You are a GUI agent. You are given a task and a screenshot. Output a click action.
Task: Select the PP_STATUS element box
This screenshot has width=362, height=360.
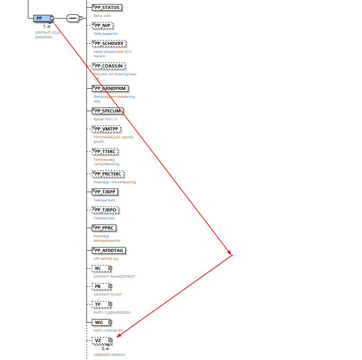pyautogui.click(x=107, y=7)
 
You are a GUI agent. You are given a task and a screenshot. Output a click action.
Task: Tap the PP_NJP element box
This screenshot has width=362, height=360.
pyautogui.click(x=103, y=25)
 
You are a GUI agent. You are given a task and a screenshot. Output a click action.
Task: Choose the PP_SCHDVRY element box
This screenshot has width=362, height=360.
pyautogui.click(x=109, y=44)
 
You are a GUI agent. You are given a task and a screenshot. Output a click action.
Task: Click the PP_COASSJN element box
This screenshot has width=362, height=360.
pyautogui.click(x=108, y=66)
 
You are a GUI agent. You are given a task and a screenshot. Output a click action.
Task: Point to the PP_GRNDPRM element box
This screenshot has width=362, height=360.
pyautogui.click(x=109, y=88)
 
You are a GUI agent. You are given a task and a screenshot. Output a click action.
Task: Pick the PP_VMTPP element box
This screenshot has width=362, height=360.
pyautogui.click(x=106, y=129)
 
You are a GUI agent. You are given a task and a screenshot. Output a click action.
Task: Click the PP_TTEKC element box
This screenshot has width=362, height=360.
pyautogui.click(x=105, y=152)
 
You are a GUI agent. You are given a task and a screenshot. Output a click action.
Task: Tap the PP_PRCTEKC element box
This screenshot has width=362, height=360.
pyautogui.click(x=108, y=174)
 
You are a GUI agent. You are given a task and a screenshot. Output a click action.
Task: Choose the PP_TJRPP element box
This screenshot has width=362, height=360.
pyautogui.click(x=104, y=192)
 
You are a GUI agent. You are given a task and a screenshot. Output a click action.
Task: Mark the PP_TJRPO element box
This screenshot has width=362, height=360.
pyautogui.click(x=105, y=210)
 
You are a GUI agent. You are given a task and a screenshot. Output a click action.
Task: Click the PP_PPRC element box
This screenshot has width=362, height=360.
pyautogui.click(x=104, y=228)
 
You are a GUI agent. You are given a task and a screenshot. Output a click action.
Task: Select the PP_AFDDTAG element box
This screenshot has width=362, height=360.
pyautogui.click(x=109, y=251)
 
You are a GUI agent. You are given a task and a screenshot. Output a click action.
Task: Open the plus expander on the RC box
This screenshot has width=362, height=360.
pyautogui.click(x=110, y=269)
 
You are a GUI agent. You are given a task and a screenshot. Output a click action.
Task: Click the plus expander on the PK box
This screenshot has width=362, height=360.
pyautogui.click(x=110, y=286)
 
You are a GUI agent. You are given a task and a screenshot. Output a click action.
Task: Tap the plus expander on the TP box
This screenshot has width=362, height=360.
pyautogui.click(x=110, y=305)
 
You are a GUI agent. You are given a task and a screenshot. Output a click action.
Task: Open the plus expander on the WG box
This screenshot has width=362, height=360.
pyautogui.click(x=110, y=322)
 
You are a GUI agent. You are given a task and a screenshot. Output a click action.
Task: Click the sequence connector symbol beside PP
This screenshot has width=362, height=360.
pyautogui.click(x=72, y=18)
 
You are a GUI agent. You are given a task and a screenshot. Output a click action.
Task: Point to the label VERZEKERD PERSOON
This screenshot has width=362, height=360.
pyautogui.click(x=109, y=355)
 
